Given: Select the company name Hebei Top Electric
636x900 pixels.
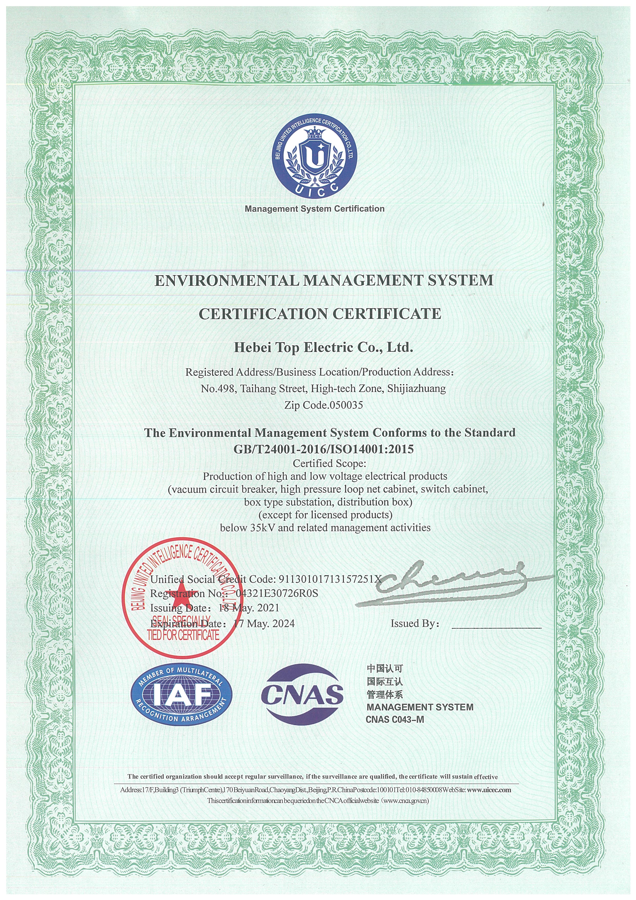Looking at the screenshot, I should pyautogui.click(x=323, y=347).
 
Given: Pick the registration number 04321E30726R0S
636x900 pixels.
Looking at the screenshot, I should pyautogui.click(x=277, y=594).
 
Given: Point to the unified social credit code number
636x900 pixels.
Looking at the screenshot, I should pyautogui.click(x=329, y=579).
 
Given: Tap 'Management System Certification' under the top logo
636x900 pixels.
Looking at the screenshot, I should pyautogui.click(x=314, y=209).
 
